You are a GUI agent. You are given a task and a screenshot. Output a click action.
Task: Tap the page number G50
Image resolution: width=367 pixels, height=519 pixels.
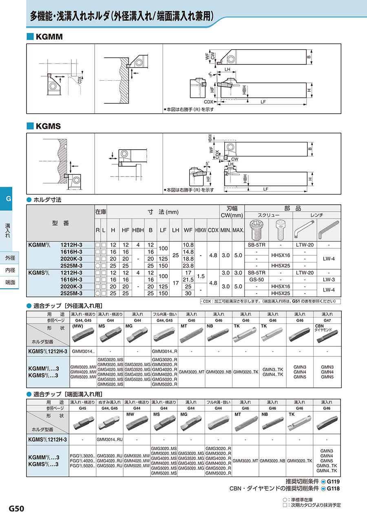(17, 508)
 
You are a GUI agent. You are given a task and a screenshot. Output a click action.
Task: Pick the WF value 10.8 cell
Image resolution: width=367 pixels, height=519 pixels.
(188, 245)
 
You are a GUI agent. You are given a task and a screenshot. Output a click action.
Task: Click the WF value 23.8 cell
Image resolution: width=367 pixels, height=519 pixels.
(188, 265)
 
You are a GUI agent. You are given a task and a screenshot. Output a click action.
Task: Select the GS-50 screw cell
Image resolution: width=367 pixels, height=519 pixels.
(256, 279)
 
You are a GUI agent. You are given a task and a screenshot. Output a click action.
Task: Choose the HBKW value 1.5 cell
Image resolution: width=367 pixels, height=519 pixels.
(201, 276)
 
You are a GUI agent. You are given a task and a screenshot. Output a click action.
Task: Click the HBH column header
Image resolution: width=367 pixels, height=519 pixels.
(138, 230)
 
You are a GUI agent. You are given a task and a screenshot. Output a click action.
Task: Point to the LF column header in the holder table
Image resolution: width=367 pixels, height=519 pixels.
(163, 230)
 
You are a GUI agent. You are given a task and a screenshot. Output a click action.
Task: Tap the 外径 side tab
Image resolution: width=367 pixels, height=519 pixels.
(10, 258)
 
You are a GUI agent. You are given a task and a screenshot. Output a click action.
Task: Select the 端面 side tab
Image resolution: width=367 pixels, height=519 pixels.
(10, 282)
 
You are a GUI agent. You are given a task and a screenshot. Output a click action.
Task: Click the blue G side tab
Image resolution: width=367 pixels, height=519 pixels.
(8, 199)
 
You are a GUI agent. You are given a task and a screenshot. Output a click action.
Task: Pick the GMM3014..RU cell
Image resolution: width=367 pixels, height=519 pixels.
(110, 440)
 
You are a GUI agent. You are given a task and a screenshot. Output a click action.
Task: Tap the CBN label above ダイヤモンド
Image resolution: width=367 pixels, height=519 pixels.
(320, 326)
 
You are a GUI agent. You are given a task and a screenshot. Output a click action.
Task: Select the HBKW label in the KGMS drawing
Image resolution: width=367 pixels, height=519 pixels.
(210, 139)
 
